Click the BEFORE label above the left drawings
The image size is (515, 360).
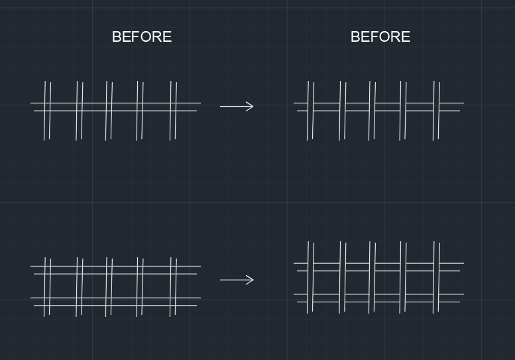(x=142, y=36)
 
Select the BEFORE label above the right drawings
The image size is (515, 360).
(x=380, y=36)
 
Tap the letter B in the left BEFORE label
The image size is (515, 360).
(x=116, y=36)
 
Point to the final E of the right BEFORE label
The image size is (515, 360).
(x=406, y=36)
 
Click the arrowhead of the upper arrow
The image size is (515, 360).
(x=253, y=106)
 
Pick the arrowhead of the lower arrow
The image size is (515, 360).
(x=253, y=280)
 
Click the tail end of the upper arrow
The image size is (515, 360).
(x=220, y=106)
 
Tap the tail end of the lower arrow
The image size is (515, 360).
(x=220, y=280)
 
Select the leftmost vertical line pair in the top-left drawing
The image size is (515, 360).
(x=47, y=111)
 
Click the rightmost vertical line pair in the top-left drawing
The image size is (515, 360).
(x=174, y=111)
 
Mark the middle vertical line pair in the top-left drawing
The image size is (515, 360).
(x=109, y=111)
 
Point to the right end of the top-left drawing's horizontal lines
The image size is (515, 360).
(x=200, y=103)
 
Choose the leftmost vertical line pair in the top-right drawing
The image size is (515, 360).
(x=311, y=111)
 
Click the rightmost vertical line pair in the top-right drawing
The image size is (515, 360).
(x=437, y=111)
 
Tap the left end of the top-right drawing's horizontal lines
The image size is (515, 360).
(x=294, y=103)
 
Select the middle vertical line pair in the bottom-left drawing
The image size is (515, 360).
(x=109, y=287)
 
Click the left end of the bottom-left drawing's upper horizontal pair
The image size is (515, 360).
(x=30, y=266)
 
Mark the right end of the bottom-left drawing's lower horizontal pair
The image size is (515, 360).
(x=200, y=298)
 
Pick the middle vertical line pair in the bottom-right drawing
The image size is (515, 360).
(x=372, y=278)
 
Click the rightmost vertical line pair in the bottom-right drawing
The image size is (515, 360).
(x=437, y=278)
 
